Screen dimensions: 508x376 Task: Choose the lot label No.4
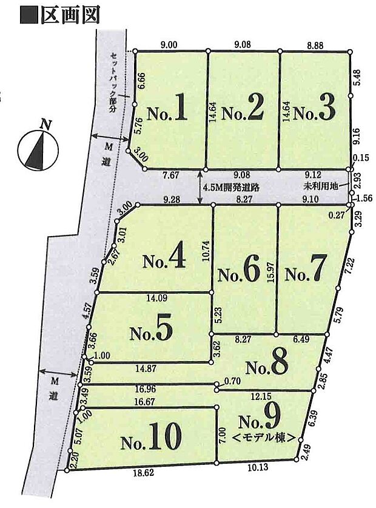tap(164, 259)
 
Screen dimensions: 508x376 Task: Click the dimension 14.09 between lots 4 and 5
tap(152, 297)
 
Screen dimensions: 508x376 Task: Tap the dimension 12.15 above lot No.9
tap(261, 396)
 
